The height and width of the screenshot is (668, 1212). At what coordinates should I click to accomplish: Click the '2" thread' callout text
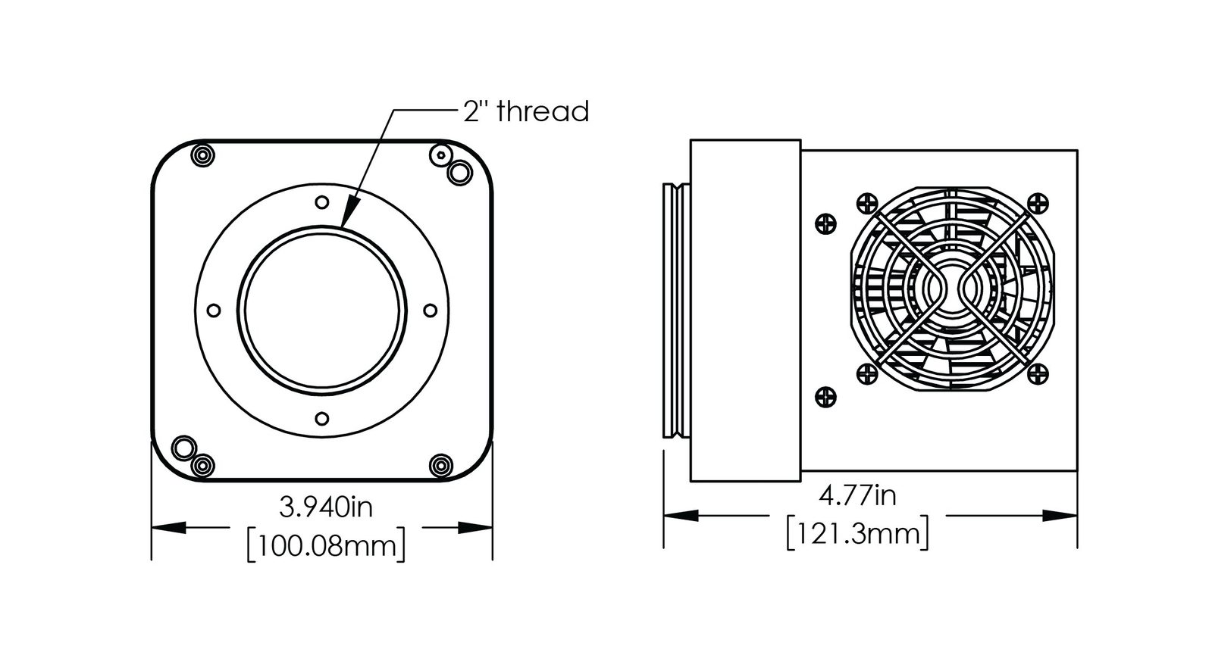(526, 111)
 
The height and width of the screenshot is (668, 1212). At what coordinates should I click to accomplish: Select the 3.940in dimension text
(326, 507)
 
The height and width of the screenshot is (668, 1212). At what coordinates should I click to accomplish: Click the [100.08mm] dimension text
(326, 546)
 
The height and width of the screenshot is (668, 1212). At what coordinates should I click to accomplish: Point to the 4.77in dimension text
(857, 495)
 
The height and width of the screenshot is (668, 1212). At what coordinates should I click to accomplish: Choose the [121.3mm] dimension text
(857, 534)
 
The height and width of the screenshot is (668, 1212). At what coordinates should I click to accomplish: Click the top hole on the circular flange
(322, 203)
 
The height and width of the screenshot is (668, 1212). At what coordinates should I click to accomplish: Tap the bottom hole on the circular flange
(322, 418)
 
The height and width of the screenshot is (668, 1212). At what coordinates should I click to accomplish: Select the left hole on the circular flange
(215, 311)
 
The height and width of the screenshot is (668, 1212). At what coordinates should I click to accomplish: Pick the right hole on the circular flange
(431, 311)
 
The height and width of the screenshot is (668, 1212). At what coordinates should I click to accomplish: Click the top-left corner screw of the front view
(203, 156)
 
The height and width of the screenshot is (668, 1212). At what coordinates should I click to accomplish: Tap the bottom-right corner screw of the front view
(441, 465)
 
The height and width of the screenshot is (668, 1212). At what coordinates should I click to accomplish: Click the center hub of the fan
(952, 289)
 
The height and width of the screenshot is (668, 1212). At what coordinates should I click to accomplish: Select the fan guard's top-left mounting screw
(867, 204)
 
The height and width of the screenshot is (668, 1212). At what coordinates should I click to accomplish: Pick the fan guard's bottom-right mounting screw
(1038, 374)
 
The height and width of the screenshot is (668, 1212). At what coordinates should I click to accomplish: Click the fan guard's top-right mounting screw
(1038, 204)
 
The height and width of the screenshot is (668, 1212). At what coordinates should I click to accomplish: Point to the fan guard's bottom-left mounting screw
(867, 374)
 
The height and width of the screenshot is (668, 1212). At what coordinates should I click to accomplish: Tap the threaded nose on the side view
(676, 311)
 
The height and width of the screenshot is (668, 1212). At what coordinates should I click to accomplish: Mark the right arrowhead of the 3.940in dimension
(475, 527)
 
